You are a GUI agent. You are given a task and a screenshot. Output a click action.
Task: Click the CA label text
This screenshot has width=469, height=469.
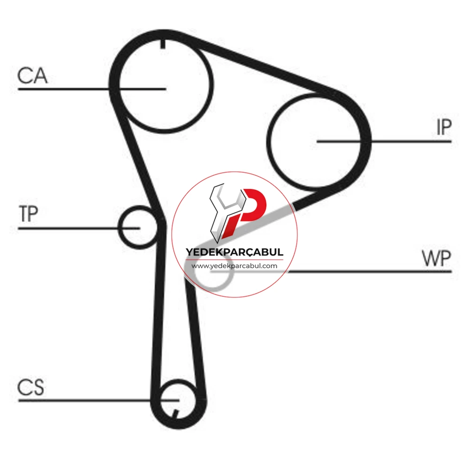click(x=32, y=76)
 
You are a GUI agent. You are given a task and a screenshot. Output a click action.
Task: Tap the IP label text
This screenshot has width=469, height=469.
click(x=444, y=128)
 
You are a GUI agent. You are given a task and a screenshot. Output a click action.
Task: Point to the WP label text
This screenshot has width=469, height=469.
click(x=436, y=258)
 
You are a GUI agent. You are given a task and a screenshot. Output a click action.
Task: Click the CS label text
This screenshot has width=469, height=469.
click(x=31, y=388)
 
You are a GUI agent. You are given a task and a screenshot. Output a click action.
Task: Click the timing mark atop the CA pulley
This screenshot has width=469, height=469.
click(x=163, y=44)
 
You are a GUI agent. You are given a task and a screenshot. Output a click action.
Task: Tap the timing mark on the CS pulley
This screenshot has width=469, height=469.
click(x=175, y=414)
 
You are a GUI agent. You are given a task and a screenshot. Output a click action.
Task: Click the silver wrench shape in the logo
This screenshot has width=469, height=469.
click(x=223, y=212)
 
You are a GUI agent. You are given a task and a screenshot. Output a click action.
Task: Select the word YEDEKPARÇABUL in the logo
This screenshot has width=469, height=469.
click(x=234, y=252)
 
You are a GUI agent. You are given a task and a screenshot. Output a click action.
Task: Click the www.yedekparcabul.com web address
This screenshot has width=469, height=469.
click(x=234, y=265)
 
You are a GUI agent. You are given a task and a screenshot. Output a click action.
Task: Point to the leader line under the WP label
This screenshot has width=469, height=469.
click(x=370, y=272)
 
